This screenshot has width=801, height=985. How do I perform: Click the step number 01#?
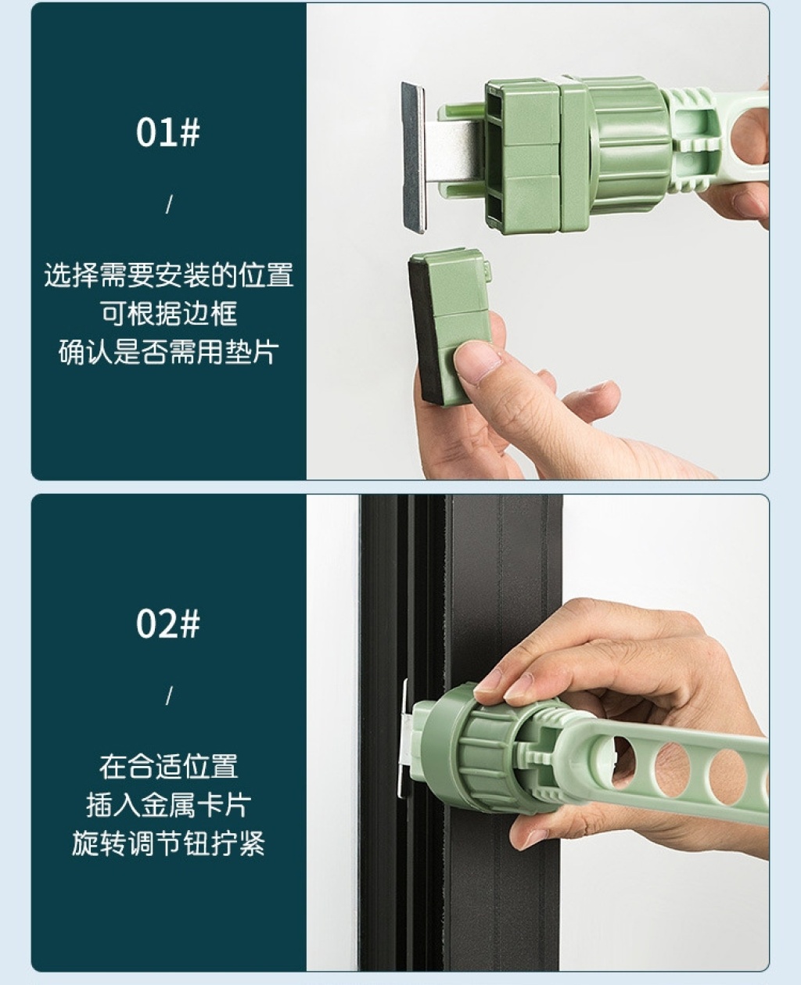[x=167, y=133]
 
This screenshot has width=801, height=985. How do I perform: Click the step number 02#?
[x=167, y=624]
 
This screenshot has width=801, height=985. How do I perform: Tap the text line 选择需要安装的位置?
[x=169, y=275]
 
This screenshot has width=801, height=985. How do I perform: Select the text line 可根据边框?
[x=169, y=314]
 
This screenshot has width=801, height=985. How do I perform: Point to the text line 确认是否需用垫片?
[x=169, y=352]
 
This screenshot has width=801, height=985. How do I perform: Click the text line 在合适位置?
[x=169, y=766]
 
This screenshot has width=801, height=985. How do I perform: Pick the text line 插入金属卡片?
[x=169, y=804]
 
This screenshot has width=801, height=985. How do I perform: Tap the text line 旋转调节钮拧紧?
[x=169, y=843]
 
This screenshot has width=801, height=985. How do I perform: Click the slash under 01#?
[x=169, y=204]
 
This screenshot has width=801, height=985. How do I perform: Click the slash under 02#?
[x=169, y=696]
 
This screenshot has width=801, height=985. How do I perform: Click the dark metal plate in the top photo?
[x=413, y=157]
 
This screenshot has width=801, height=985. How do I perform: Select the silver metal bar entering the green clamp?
[x=455, y=152]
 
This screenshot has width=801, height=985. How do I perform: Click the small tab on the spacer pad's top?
[x=487, y=271]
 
